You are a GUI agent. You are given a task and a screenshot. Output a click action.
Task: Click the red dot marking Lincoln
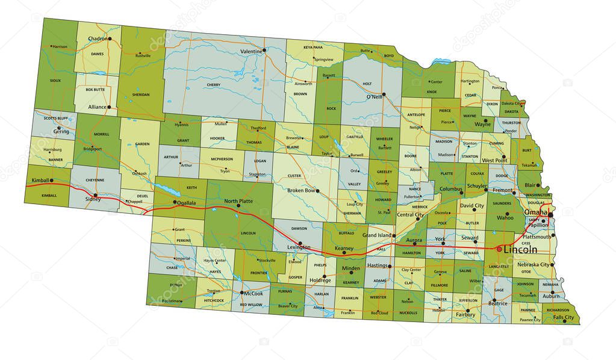click(498, 249)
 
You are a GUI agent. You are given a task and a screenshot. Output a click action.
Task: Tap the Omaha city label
click(535, 213)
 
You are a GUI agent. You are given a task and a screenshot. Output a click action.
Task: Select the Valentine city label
click(252, 52)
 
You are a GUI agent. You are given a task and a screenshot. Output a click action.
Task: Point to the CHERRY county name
click(213, 85)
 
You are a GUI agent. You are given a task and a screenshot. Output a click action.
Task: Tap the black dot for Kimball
click(51, 180)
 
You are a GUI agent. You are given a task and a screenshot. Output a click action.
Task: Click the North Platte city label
click(238, 200)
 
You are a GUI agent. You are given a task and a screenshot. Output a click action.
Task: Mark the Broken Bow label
click(301, 190)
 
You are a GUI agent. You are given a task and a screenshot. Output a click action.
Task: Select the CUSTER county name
click(294, 176)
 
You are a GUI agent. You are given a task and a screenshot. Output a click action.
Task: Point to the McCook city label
click(253, 293)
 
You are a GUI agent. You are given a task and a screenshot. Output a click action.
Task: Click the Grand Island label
click(377, 235)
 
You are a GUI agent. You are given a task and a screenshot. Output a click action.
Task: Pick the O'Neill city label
click(375, 96)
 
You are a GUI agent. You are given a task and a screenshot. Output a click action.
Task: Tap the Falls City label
click(564, 317)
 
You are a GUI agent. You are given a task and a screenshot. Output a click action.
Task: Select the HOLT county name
click(367, 84)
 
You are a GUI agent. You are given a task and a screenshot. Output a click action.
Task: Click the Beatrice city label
click(497, 304)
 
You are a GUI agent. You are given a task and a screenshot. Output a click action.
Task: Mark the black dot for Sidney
click(95, 195)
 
